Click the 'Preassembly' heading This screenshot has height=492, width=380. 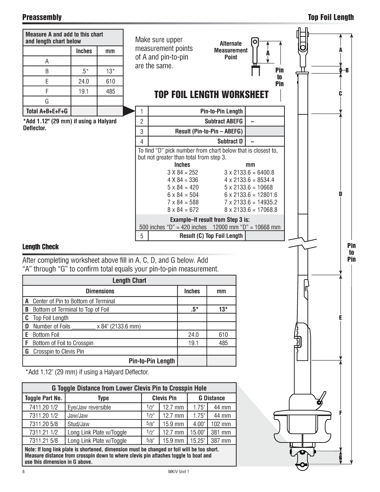pyautogui.click(x=42, y=17)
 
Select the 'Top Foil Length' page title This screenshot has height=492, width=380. pyautogui.click(x=331, y=17)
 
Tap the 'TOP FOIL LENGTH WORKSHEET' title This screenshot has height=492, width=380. pyautogui.click(x=211, y=95)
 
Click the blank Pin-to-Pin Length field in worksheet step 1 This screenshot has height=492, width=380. pyautogui.click(x=265, y=111)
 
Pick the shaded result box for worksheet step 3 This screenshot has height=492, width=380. pyautogui.click(x=265, y=131)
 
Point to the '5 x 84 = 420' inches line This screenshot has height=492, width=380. pyautogui.click(x=183, y=188)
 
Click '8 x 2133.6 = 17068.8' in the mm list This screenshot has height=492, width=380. pyautogui.click(x=251, y=210)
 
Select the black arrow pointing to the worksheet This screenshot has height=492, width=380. pyautogui.click(x=129, y=111)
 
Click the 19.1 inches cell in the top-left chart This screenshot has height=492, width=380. pyautogui.click(x=84, y=91)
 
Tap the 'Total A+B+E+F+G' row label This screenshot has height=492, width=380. pyautogui.click(x=47, y=111)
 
